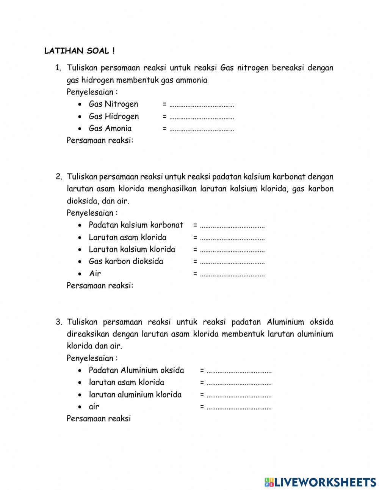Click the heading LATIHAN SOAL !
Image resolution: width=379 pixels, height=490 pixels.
point(79,51)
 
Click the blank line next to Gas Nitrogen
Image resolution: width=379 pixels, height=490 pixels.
point(202,105)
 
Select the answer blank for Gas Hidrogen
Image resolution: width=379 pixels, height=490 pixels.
point(202,117)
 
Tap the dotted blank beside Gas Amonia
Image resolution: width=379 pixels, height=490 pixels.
point(202,129)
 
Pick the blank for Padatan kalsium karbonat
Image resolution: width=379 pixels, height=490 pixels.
point(232,226)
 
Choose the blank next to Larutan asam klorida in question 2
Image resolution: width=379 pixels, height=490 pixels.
point(232,238)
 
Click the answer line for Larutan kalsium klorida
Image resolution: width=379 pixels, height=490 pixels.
point(232,250)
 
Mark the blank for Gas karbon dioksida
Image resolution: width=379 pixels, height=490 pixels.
point(232,262)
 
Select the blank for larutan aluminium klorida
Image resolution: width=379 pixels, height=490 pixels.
point(239,395)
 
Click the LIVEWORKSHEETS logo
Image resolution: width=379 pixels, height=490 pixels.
point(320,482)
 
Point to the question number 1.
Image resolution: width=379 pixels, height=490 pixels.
point(58,68)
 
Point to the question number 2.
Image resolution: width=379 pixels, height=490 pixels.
point(58,177)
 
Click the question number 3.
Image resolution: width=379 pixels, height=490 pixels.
point(58,322)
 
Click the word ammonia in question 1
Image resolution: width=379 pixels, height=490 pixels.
point(189,80)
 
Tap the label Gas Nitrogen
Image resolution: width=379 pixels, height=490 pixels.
point(113,104)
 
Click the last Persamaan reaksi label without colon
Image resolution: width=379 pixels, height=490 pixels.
point(99,419)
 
